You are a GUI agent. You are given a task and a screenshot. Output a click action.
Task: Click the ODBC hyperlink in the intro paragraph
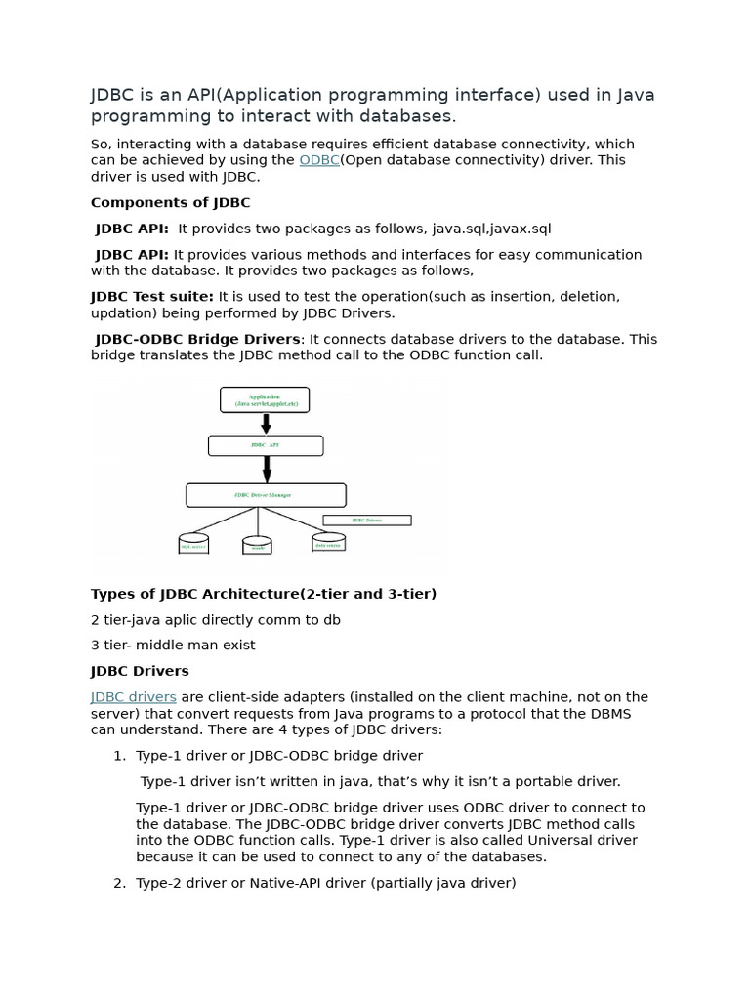coord(318,160)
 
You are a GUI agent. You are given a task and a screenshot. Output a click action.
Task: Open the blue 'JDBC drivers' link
coord(134,697)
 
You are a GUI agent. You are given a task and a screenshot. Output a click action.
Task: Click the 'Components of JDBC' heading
coord(170,203)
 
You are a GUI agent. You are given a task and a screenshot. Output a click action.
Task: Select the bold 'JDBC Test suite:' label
coord(152,296)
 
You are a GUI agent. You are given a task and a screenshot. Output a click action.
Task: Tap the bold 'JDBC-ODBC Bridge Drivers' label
coord(197,339)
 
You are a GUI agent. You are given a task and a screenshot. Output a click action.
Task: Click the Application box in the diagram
coord(265,399)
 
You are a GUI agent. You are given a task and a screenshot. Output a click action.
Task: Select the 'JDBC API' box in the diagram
coord(266,445)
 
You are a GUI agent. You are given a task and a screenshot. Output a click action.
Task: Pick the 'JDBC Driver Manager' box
coord(266,495)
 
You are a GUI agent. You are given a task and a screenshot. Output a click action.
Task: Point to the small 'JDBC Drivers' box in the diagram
coord(366,521)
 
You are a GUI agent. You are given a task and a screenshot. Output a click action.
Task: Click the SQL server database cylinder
coord(193,543)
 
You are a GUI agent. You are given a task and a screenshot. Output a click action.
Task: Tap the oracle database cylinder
coord(257,545)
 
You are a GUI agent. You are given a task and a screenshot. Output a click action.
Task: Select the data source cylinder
coord(328,542)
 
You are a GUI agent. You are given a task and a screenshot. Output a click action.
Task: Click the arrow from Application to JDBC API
coord(266,424)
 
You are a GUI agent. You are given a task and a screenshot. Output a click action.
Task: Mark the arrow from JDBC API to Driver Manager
coord(266,470)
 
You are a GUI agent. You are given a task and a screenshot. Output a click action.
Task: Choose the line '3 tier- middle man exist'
coord(173,646)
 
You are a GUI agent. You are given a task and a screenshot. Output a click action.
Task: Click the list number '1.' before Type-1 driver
coord(120,756)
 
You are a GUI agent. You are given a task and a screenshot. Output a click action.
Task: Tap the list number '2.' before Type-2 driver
coord(120,883)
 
